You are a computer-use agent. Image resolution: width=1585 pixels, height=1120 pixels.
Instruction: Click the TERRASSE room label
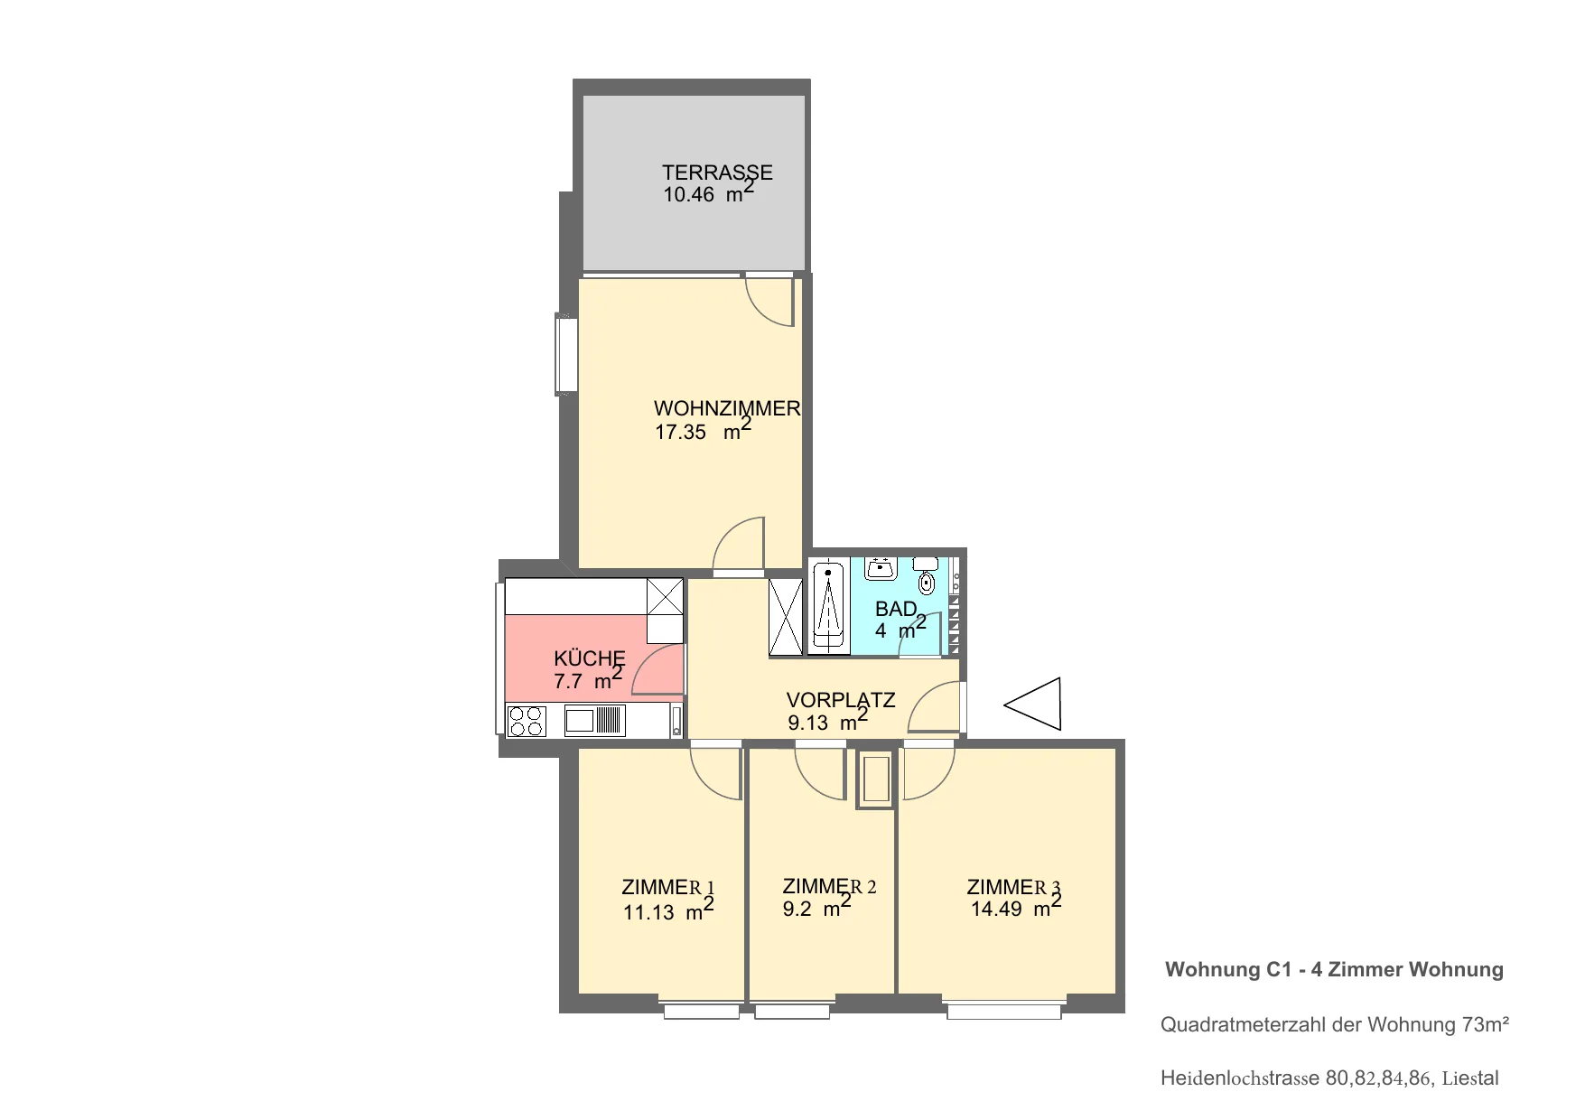pos(717,172)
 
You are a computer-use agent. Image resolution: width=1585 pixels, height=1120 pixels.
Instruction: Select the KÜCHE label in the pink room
pos(590,658)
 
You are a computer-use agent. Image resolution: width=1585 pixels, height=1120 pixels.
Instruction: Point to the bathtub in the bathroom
pos(827,607)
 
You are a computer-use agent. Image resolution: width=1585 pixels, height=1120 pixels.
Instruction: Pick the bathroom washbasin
pos(880,568)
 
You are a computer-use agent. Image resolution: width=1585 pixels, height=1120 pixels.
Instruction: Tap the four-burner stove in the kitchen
pos(527,721)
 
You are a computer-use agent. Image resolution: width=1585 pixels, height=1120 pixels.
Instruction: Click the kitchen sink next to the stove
pos(594,720)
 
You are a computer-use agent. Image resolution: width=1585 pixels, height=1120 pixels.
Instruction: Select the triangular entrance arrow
pos(1032,704)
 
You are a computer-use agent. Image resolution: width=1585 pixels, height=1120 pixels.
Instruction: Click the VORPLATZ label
pos(841,700)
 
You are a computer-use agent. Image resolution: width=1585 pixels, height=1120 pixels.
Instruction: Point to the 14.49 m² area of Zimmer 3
pos(1016,906)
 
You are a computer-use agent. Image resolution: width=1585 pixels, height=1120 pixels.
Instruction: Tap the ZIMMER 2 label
pos(829,886)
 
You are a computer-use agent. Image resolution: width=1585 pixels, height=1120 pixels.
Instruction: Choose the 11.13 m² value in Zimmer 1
pos(668,909)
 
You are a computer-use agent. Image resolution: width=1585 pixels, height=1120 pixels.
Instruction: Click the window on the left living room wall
pos(566,353)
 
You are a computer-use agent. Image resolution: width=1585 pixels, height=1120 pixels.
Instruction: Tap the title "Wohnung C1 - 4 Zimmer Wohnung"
pos(1334,969)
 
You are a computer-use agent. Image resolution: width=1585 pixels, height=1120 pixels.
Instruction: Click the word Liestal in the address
pos(1470,1078)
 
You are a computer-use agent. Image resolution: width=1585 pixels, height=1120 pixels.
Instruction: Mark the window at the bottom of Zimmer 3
pos(1004,1008)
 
